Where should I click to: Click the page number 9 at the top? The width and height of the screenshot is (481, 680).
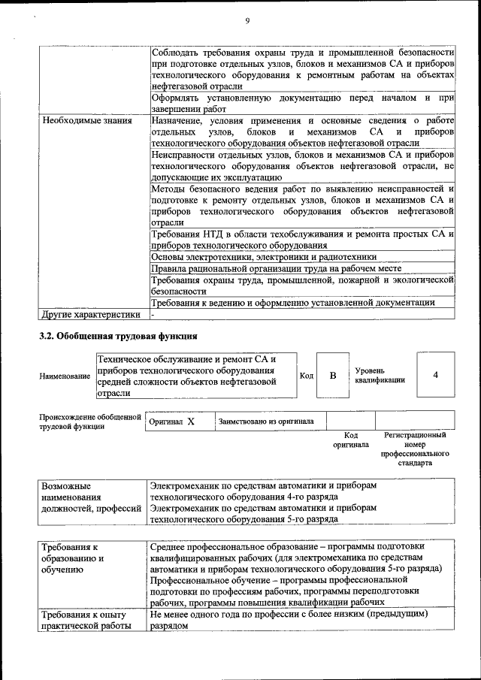(247, 20)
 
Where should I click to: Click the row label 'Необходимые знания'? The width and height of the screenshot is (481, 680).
(87, 120)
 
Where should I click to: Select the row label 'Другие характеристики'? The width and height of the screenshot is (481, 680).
(91, 314)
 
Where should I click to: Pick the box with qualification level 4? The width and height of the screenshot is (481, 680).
(435, 375)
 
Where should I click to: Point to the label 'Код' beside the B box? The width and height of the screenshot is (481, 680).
(307, 375)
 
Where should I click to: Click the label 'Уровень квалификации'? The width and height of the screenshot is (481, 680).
(380, 375)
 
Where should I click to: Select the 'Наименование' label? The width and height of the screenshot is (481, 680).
(65, 376)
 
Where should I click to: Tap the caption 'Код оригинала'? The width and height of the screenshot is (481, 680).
(350, 440)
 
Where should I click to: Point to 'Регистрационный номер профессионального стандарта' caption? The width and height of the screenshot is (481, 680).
(415, 449)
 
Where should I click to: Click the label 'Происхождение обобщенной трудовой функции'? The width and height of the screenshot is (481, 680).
(90, 422)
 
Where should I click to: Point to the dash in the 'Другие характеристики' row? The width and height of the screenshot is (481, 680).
(153, 314)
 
